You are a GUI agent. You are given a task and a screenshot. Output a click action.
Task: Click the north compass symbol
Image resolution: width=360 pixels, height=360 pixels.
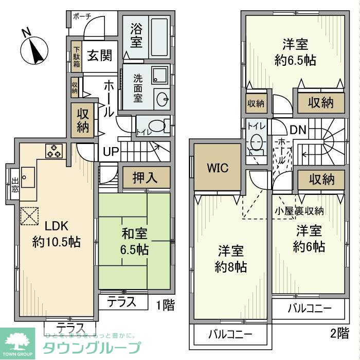[x=33, y=50]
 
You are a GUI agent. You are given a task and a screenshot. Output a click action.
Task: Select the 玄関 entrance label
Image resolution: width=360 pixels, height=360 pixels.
[x=99, y=56]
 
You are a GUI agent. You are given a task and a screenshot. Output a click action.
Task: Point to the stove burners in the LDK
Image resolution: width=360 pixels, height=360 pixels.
[x=55, y=151]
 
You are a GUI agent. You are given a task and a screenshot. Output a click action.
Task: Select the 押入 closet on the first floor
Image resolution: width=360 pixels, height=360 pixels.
[x=146, y=178]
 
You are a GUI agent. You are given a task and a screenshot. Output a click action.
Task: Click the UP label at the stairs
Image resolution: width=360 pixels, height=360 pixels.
[x=111, y=152]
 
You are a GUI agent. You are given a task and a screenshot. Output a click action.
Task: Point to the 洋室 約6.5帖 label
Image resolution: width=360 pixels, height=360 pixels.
[x=295, y=51]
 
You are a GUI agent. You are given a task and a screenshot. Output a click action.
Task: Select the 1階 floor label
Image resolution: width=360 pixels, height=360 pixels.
[x=166, y=305]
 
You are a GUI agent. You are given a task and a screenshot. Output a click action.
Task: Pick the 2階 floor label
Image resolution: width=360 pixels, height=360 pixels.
[x=340, y=333]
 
